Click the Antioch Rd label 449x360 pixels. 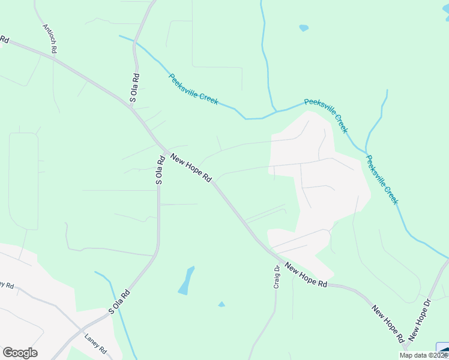(x=49, y=39)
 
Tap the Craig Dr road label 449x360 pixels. (x=277, y=278)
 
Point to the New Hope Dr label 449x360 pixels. (x=420, y=321)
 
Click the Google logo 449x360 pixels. (x=20, y=353)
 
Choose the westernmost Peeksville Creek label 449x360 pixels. (x=193, y=89)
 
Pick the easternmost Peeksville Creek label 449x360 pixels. (x=382, y=179)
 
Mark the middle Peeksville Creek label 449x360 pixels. (x=326, y=115)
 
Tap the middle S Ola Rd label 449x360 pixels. (x=160, y=170)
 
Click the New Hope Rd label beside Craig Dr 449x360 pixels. (x=306, y=275)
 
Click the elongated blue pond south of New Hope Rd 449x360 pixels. (x=187, y=280)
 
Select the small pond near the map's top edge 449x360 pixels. (x=304, y=28)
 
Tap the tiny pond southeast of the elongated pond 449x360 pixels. (x=221, y=305)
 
